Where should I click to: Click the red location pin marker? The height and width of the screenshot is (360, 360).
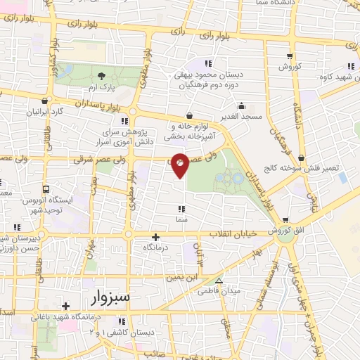pyautogui.click(x=180, y=165)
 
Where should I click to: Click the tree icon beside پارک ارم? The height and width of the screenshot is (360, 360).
pyautogui.click(x=102, y=75)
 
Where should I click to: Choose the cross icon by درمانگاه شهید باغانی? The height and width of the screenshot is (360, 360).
pyautogui.click(x=65, y=306)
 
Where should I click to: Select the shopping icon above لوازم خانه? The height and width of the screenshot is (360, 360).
pyautogui.click(x=188, y=117)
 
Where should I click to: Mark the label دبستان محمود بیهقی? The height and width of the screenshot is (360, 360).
pyautogui.click(x=210, y=72)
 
